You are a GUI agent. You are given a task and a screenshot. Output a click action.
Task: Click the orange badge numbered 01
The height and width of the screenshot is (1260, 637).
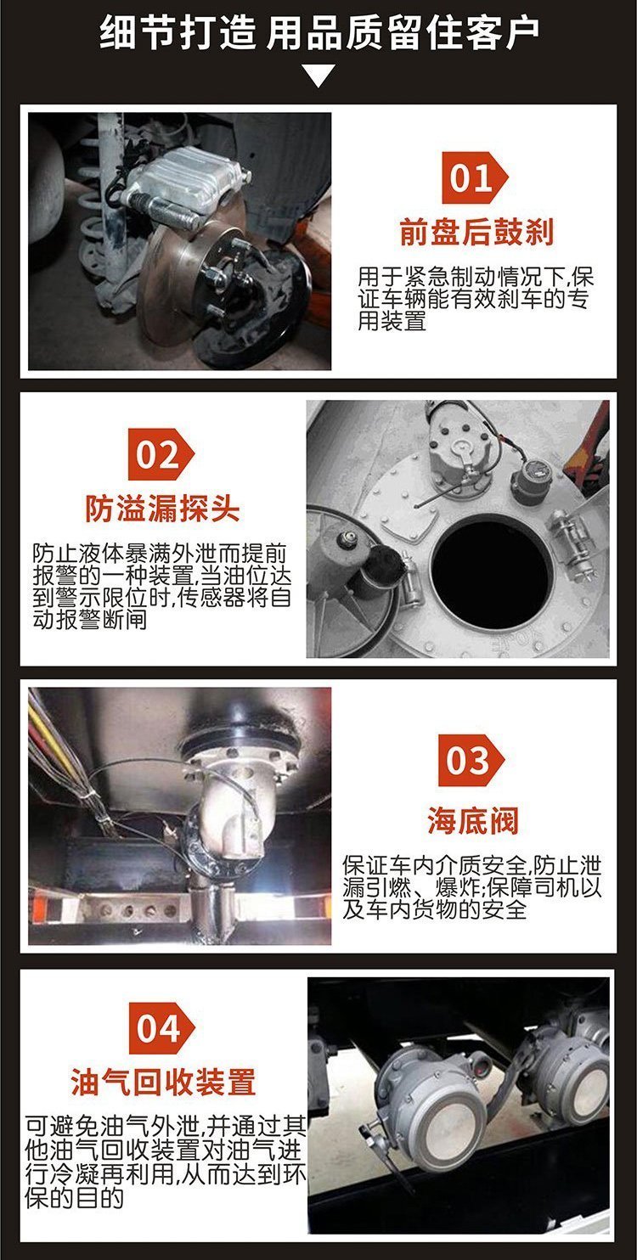click(474, 177)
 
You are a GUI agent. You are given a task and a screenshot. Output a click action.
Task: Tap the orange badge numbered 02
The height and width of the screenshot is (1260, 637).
click(161, 454)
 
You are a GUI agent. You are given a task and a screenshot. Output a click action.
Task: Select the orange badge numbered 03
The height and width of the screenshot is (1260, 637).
click(471, 760)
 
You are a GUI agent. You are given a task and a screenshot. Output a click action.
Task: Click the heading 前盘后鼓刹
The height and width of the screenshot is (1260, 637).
click(476, 232)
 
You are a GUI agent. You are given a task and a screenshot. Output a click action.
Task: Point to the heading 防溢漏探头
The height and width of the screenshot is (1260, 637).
click(162, 509)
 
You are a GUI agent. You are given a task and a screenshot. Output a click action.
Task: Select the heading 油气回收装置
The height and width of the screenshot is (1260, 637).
click(163, 1081)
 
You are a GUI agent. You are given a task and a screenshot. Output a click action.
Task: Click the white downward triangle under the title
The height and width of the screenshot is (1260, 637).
click(318, 75)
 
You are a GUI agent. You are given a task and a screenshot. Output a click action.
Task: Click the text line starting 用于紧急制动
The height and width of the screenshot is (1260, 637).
click(476, 277)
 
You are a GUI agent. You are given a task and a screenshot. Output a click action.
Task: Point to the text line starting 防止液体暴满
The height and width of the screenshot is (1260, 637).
click(160, 554)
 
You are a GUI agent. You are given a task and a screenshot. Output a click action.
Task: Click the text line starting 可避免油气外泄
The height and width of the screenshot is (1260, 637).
click(166, 1126)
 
